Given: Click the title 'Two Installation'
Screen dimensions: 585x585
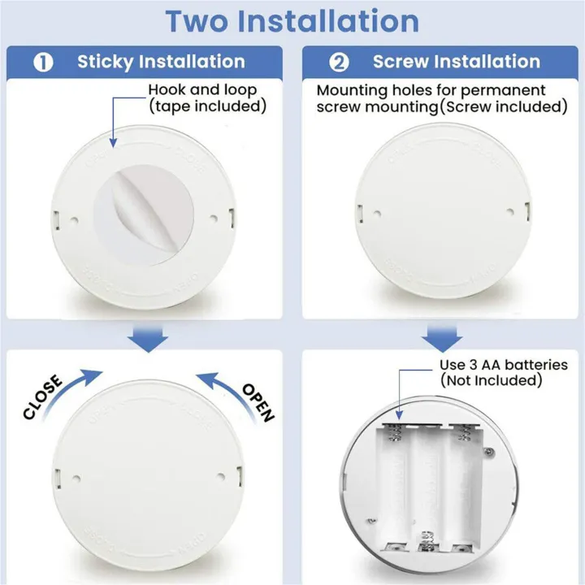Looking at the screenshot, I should (292, 21).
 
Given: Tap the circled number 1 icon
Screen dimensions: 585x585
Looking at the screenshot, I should (43, 62).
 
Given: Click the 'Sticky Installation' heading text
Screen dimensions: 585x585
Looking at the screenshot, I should (161, 62).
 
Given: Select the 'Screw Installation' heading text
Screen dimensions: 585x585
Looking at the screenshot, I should (456, 62).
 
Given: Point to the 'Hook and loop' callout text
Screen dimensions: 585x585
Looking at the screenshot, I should (202, 90).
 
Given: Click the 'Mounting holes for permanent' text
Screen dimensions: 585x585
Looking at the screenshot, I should (431, 90).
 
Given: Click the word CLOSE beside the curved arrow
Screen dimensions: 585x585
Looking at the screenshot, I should (43, 398).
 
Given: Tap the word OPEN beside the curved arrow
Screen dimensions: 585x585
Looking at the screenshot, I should (258, 402).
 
